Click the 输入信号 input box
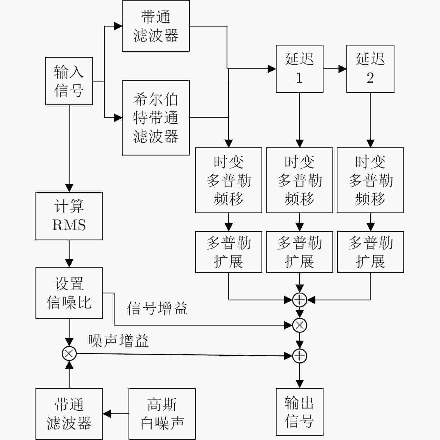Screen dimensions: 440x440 coord(69,81)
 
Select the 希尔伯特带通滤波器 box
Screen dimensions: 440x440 coord(156,118)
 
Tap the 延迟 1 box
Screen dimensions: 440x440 coord(299,69)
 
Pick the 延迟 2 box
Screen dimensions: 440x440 coord(370,69)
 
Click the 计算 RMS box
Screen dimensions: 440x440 coord(69,216)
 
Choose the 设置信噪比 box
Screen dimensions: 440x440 coord(69,293)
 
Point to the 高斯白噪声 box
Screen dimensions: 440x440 coord(162,414)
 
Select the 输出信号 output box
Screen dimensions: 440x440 coord(299,412)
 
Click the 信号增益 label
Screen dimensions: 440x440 coord(157,309)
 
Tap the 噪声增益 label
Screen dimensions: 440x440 coord(118,341)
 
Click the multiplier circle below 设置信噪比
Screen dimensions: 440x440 coord(69,353)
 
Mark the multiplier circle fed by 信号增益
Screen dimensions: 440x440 coord(300,325)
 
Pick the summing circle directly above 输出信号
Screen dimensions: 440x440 coord(300,356)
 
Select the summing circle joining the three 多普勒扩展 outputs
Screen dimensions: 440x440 coord(300,300)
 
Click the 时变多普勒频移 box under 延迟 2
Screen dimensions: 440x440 coord(370,180)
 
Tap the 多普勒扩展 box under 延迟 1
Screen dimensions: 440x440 coord(299,252)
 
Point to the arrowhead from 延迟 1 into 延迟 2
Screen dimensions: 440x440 coord(343,69)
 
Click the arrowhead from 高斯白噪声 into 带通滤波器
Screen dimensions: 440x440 coord(107,414)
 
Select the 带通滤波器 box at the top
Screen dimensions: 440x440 coord(156,26)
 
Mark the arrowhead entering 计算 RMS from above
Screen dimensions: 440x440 coord(69,188)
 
